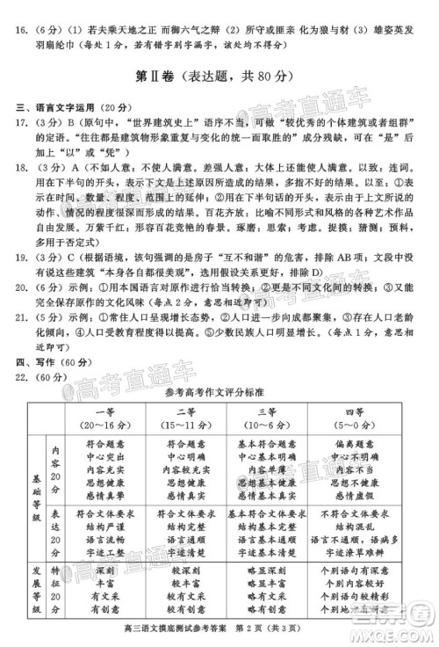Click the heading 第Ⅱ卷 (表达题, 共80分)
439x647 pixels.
click(x=219, y=81)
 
